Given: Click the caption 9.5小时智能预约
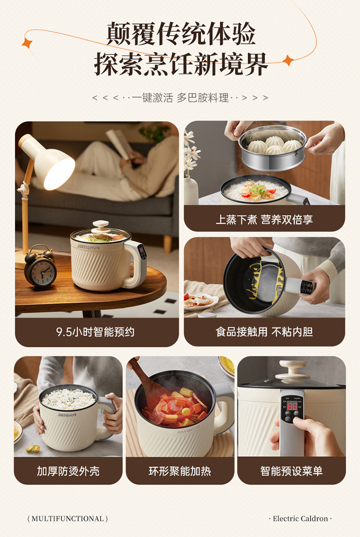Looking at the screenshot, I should tap(96, 331).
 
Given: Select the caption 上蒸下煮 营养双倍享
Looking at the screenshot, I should tap(264, 220).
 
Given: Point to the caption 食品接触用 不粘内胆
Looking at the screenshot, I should tap(264, 331).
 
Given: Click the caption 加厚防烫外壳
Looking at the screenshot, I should tap(68, 471).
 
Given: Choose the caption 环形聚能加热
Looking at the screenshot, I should tap(180, 471).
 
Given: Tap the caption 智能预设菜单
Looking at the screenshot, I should tap(291, 471).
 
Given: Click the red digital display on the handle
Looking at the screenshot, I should tap(291, 406).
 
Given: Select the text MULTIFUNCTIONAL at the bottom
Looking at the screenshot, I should tap(68, 519).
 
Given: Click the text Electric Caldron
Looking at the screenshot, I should tap(300, 519).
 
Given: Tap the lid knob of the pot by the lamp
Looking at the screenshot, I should tap(101, 225).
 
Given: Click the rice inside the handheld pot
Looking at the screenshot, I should tap(68, 398).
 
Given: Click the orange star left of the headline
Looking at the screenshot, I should tap(27, 43).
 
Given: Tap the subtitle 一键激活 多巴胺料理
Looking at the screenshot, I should tap(180, 98).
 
